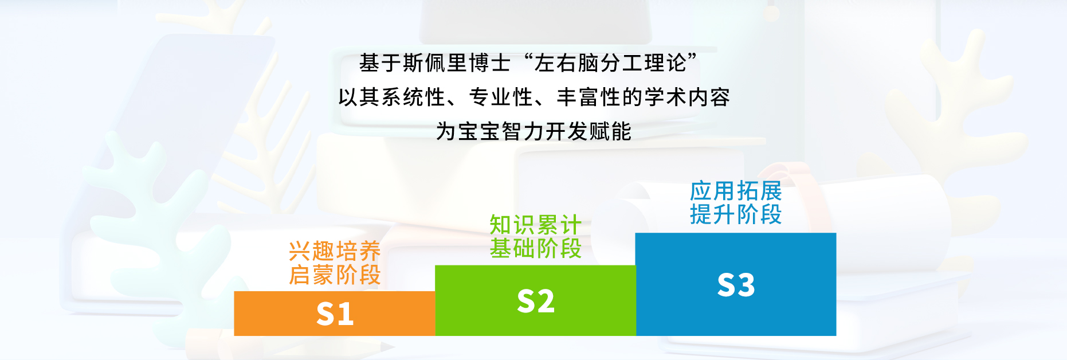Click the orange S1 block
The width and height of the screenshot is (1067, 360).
tap(335, 313)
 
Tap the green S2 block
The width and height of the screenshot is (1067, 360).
tap(535, 300)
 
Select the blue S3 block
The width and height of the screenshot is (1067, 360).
tap(736, 284)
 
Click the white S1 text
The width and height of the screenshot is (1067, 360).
tap(335, 314)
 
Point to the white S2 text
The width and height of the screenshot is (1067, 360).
tap(535, 301)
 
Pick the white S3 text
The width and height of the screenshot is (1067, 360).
tap(736, 285)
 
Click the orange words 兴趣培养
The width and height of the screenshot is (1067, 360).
tap(335, 251)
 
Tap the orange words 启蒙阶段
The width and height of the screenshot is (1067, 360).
tap(335, 275)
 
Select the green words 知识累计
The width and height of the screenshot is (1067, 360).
tap(535, 225)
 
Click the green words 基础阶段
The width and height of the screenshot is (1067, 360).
tap(535, 248)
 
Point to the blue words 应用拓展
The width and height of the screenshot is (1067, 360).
tap(736, 191)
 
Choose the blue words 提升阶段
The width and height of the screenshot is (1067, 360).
tap(736, 214)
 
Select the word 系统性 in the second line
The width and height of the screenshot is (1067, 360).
tap(413, 97)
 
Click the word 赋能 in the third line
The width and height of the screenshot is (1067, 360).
tap(610, 131)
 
